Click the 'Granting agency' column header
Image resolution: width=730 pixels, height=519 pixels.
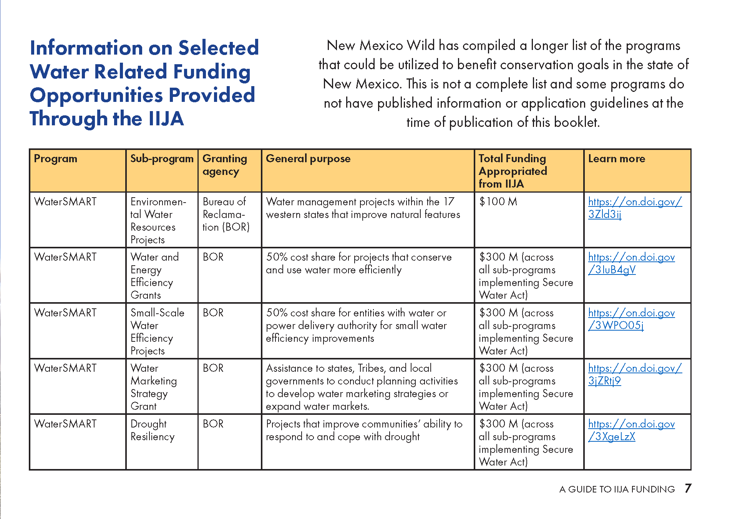click(x=225, y=165)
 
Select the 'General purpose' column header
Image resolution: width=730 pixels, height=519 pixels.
click(x=308, y=159)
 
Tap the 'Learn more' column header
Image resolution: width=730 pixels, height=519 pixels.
click(x=617, y=159)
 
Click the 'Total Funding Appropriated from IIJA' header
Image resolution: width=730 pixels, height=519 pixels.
click(x=513, y=171)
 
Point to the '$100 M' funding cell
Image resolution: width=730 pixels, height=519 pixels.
click(x=498, y=201)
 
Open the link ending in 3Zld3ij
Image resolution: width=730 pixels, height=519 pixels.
click(x=635, y=208)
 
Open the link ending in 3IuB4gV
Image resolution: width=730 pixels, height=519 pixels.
click(x=631, y=263)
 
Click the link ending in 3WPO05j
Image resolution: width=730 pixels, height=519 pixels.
click(x=631, y=319)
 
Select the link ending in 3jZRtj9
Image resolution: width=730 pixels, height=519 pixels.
click(x=635, y=374)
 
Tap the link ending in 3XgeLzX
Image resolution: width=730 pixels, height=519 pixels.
click(x=631, y=430)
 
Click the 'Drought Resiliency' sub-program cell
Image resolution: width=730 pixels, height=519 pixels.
click(x=153, y=430)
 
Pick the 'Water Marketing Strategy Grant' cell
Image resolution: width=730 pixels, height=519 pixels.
click(x=153, y=387)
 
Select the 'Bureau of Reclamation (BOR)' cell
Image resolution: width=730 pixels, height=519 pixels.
click(x=226, y=215)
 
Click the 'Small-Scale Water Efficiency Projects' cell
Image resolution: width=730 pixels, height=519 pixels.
click(x=157, y=332)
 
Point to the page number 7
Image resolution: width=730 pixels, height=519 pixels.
click(x=688, y=489)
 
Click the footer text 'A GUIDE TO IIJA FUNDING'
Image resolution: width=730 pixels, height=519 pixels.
click(x=617, y=489)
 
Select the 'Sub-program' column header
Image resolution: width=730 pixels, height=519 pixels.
click(x=162, y=159)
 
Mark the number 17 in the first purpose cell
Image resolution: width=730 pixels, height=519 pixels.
click(x=449, y=201)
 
